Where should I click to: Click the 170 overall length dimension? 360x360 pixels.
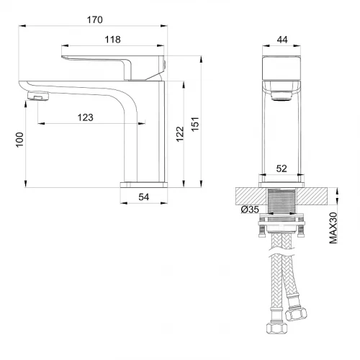click(x=95, y=19)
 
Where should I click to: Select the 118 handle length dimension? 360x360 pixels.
click(x=112, y=40)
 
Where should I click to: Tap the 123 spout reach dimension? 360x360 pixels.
click(x=85, y=117)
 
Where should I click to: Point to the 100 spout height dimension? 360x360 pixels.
click(x=19, y=140)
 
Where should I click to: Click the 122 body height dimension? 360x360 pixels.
click(x=180, y=134)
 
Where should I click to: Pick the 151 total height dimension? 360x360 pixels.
click(x=195, y=124)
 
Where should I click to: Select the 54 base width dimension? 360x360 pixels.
click(x=144, y=197)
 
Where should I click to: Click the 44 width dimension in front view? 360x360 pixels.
click(x=282, y=40)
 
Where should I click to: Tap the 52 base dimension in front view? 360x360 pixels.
click(x=282, y=168)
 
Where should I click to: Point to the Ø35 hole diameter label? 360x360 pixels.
click(x=250, y=210)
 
